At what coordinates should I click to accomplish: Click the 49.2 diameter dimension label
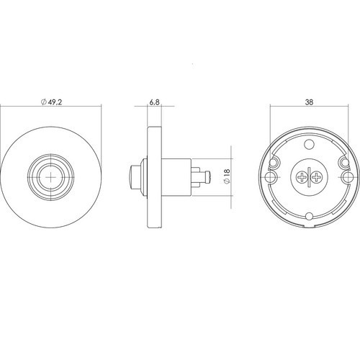(x=52, y=102)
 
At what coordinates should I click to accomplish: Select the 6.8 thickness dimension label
(x=154, y=102)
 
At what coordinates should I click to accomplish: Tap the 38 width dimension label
(x=309, y=102)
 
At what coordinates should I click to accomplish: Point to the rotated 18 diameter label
(x=227, y=176)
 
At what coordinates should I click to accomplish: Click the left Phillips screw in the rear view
(x=301, y=178)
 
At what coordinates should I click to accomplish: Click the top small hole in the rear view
(x=309, y=144)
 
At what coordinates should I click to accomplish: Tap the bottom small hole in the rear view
(x=309, y=216)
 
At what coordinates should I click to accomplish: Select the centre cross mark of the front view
(x=51, y=177)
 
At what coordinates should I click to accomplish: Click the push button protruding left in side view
(x=135, y=177)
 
